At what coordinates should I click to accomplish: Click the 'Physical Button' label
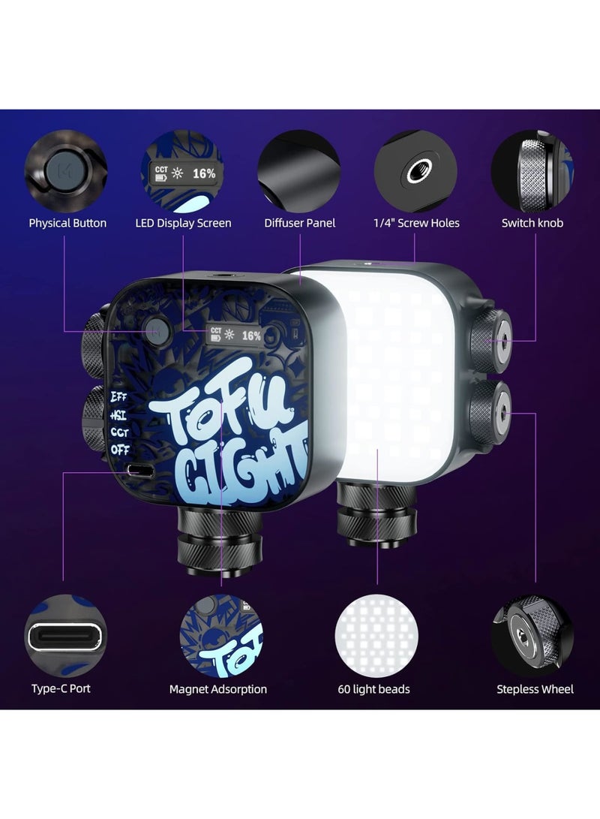click(x=67, y=223)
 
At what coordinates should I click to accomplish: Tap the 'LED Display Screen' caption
click(x=183, y=223)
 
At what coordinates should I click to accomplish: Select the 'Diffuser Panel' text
click(x=299, y=223)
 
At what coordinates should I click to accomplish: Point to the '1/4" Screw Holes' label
click(x=417, y=223)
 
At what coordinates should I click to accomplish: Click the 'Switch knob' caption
click(x=532, y=223)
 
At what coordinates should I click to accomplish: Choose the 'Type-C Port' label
click(x=62, y=688)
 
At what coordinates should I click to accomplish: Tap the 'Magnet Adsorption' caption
click(x=218, y=688)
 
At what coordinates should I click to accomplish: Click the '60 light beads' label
click(x=373, y=688)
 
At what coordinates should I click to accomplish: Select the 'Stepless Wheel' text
click(x=535, y=688)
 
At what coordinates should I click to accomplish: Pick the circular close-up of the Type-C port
click(x=66, y=637)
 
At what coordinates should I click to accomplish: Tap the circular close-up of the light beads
click(x=374, y=637)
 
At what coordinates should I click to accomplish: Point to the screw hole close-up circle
click(x=415, y=172)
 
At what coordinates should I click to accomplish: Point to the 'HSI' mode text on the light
click(x=118, y=414)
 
